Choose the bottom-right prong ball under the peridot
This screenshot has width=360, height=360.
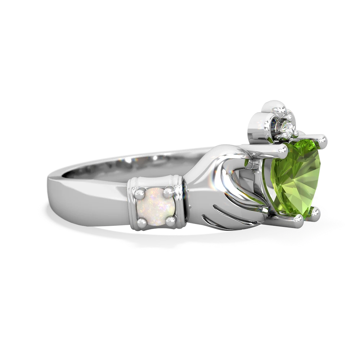316,213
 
